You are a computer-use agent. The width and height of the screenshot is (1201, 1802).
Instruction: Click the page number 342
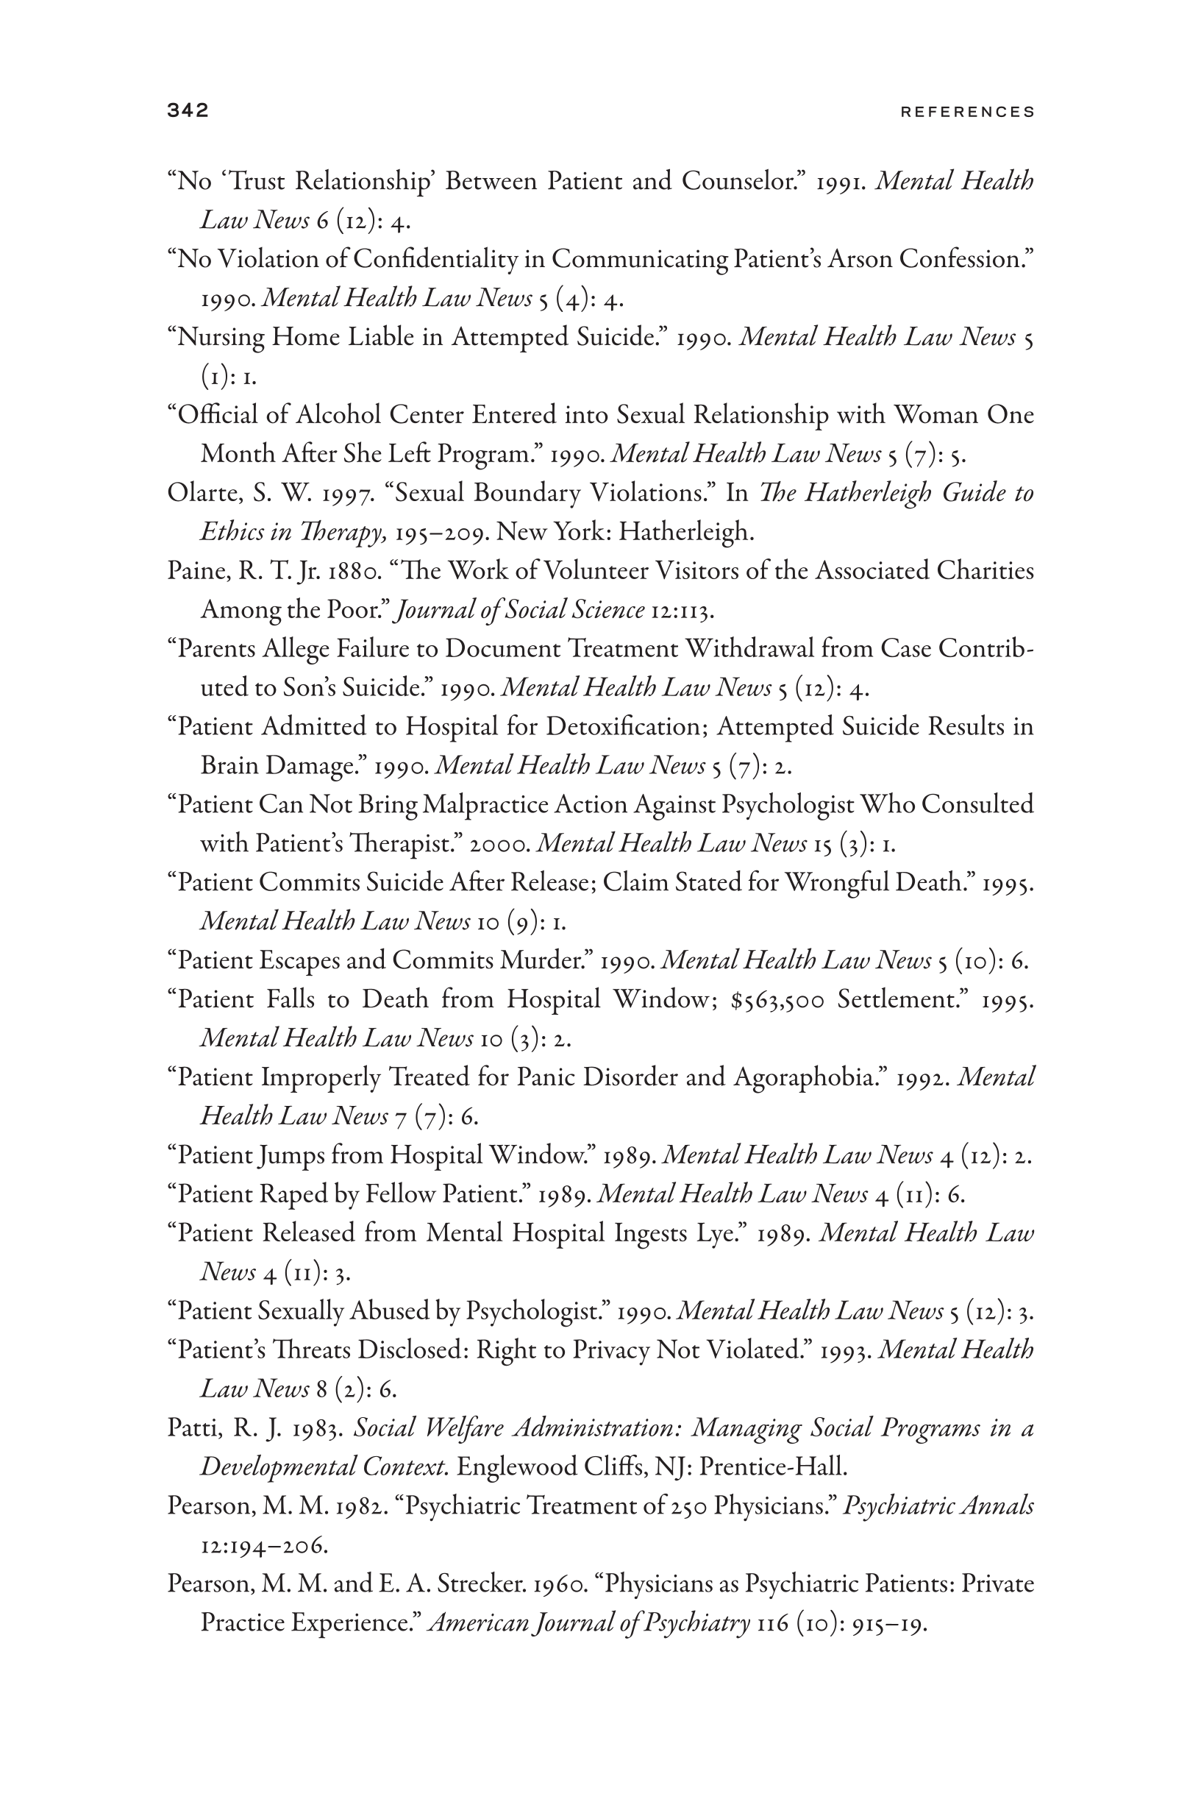pos(188,110)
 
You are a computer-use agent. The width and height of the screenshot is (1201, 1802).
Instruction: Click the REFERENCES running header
pos(967,112)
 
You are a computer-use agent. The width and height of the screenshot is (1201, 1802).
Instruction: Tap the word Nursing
pos(221,337)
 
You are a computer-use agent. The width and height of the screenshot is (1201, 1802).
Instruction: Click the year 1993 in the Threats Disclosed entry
pos(846,1350)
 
